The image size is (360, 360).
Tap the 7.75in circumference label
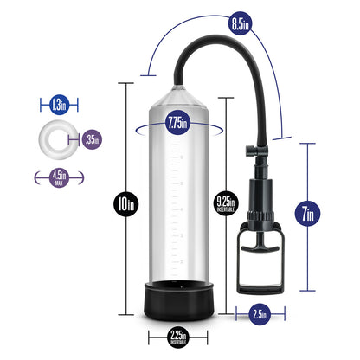pyautogui.click(x=181, y=122)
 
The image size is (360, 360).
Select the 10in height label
pyautogui.click(x=129, y=205)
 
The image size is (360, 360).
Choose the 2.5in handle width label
pyautogui.click(x=258, y=312)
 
